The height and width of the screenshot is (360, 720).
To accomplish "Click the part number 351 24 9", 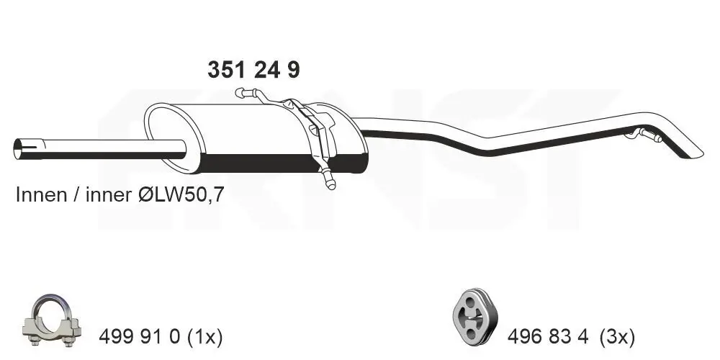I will point(253,70).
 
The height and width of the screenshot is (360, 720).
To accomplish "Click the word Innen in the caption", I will point(40,196).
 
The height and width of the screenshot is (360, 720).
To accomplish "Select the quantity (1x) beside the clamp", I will point(204,336).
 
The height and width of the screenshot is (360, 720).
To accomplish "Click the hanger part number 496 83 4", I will point(549,336).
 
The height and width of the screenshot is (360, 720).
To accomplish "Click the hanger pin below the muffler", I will point(329,181).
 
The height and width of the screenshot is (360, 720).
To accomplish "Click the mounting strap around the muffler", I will point(317,133).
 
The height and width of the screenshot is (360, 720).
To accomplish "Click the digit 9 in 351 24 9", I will point(292,70).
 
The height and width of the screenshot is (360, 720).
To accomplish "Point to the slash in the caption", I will point(75,196).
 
